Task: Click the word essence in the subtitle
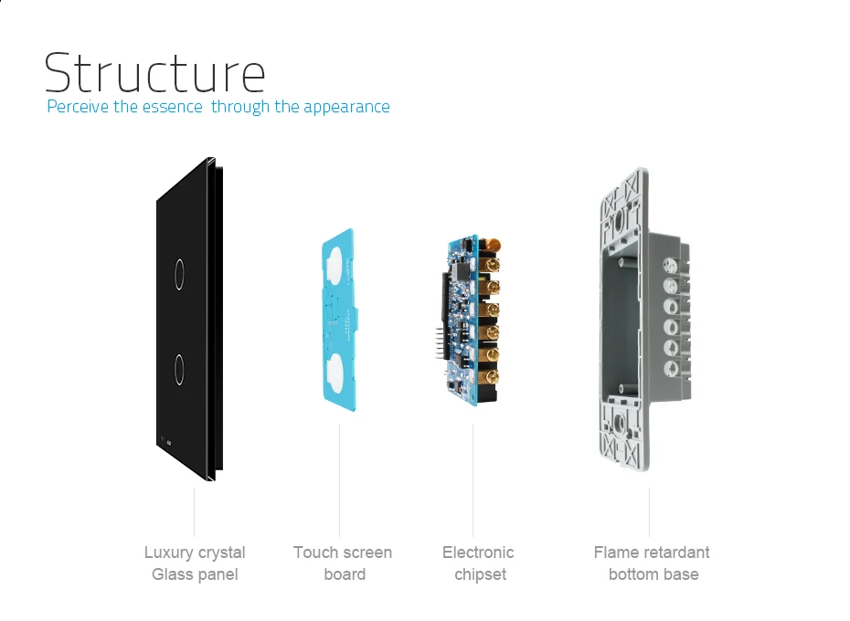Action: pyautogui.click(x=172, y=107)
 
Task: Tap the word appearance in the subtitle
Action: pyautogui.click(x=346, y=107)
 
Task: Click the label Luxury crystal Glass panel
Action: pyautogui.click(x=195, y=563)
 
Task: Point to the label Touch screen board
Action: pyautogui.click(x=343, y=563)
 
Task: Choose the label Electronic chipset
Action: pyautogui.click(x=478, y=563)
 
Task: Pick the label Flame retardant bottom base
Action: pyautogui.click(x=652, y=563)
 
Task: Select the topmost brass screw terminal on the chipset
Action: pyautogui.click(x=494, y=266)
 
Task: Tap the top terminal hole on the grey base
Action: pyautogui.click(x=672, y=267)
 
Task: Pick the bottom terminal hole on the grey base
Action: pyautogui.click(x=672, y=367)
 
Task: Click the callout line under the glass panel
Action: pyautogui.click(x=195, y=511)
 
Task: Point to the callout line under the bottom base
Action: pyautogui.click(x=650, y=511)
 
